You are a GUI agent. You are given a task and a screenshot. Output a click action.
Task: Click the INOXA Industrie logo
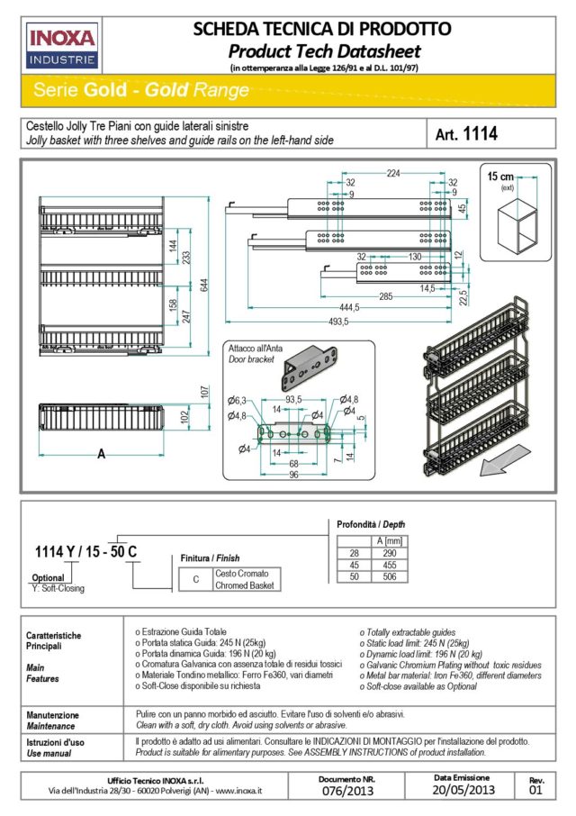click(x=63, y=44)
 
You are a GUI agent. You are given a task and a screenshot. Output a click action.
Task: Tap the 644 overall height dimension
click(x=206, y=285)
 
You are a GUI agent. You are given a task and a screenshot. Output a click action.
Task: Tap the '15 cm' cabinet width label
click(x=501, y=176)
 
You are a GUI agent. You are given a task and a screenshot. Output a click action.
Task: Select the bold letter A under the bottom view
click(x=102, y=454)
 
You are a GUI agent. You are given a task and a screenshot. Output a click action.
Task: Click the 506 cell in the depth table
click(x=389, y=576)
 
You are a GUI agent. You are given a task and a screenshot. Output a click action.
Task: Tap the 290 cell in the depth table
click(x=389, y=551)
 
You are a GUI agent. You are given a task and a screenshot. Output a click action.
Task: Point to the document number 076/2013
click(x=347, y=791)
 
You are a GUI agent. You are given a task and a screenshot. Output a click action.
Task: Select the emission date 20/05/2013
click(x=463, y=790)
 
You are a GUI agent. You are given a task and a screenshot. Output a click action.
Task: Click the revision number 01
click(x=536, y=791)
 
